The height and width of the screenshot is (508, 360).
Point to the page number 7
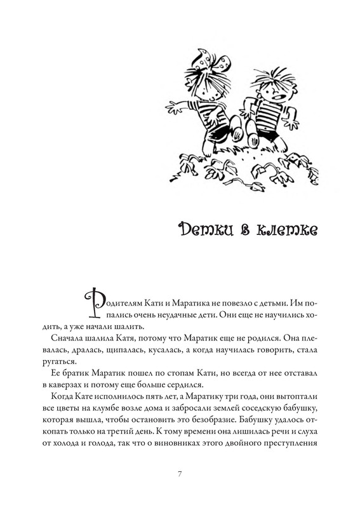[x=180, y=474]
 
